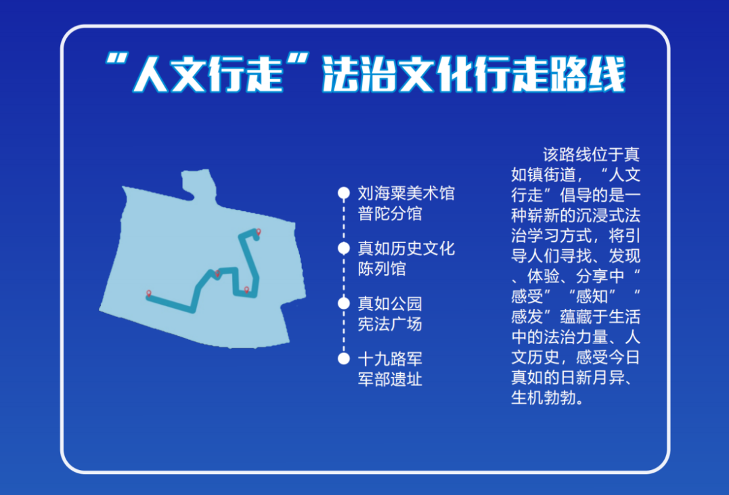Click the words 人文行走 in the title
(x=206, y=75)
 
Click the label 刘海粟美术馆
(x=406, y=194)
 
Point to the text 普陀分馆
(x=390, y=213)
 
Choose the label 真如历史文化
(x=406, y=249)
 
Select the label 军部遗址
(x=390, y=379)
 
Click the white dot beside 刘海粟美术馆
(x=344, y=194)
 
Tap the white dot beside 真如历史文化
(x=344, y=249)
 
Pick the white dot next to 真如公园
(x=344, y=303)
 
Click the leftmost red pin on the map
(x=148, y=293)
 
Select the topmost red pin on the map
(x=258, y=232)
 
